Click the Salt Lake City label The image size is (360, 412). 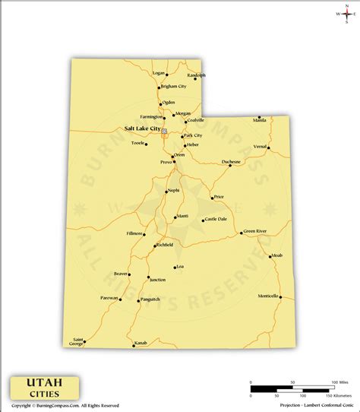click(x=142, y=128)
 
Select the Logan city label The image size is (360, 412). click(x=159, y=73)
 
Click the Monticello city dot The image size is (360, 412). click(x=279, y=299)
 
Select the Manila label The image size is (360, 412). click(x=260, y=120)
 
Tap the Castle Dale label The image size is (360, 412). click(x=216, y=219)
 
